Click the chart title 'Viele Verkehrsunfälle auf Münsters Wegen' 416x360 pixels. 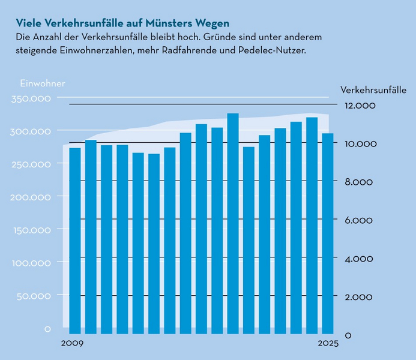(122, 23)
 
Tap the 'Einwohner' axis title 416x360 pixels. (43, 83)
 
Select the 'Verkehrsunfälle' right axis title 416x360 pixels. (373, 90)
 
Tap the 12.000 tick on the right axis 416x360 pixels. (360, 106)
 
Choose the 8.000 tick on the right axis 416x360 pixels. (360, 182)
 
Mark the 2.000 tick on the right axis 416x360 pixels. (360, 297)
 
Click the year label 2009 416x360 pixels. (71, 344)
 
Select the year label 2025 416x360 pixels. (328, 344)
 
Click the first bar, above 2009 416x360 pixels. (75, 240)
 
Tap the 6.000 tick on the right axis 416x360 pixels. (360, 220)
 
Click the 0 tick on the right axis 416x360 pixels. (348, 335)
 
